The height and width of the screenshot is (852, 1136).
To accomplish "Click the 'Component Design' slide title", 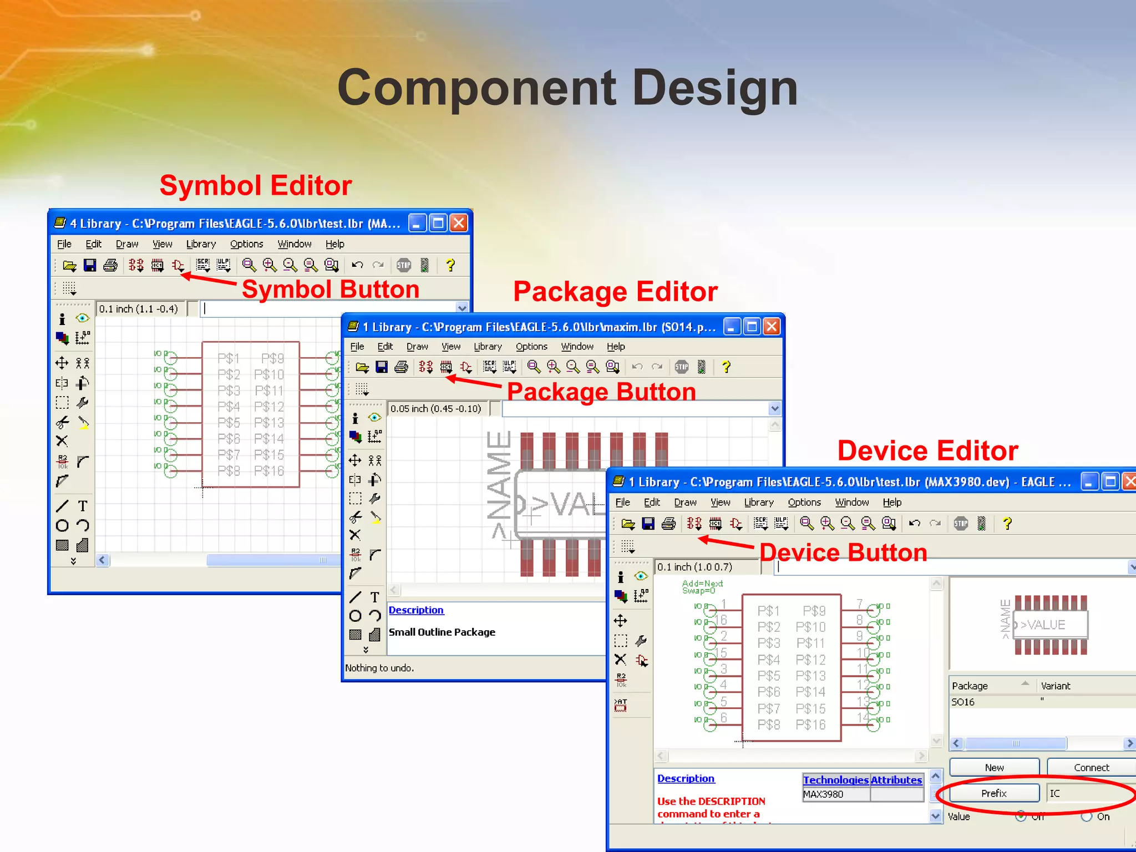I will point(567,88).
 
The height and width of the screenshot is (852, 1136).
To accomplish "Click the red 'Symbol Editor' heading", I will point(256,185).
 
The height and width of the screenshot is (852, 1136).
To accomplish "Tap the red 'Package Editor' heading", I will point(615,292).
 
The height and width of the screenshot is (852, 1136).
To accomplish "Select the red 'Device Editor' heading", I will point(927,451).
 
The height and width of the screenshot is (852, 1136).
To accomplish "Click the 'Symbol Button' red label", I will point(331,290).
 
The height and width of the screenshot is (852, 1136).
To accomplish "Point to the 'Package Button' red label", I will point(601,392).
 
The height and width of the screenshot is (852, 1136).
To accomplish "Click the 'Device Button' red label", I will point(843,552).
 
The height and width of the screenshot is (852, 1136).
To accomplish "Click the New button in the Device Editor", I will point(994,768).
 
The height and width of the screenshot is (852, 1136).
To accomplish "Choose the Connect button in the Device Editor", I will point(1091,768).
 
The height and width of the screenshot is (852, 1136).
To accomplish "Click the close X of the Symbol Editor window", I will point(459,223).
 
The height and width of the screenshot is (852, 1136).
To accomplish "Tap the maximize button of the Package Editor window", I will point(752,327).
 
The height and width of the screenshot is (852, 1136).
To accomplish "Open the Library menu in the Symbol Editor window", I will point(201,244).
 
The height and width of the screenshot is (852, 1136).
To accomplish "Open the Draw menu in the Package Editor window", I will point(417,347).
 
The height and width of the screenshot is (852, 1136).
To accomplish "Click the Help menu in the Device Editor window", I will point(892,503).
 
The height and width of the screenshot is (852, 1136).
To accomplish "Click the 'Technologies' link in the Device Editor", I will point(835,780).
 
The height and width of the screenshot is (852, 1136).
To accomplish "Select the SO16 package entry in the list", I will point(963,702).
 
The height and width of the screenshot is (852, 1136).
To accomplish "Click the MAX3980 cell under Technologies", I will point(823,794).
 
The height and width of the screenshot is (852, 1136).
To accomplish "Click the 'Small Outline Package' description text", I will point(442,632).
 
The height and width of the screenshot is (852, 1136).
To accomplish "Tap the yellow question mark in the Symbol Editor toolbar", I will point(450,266).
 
